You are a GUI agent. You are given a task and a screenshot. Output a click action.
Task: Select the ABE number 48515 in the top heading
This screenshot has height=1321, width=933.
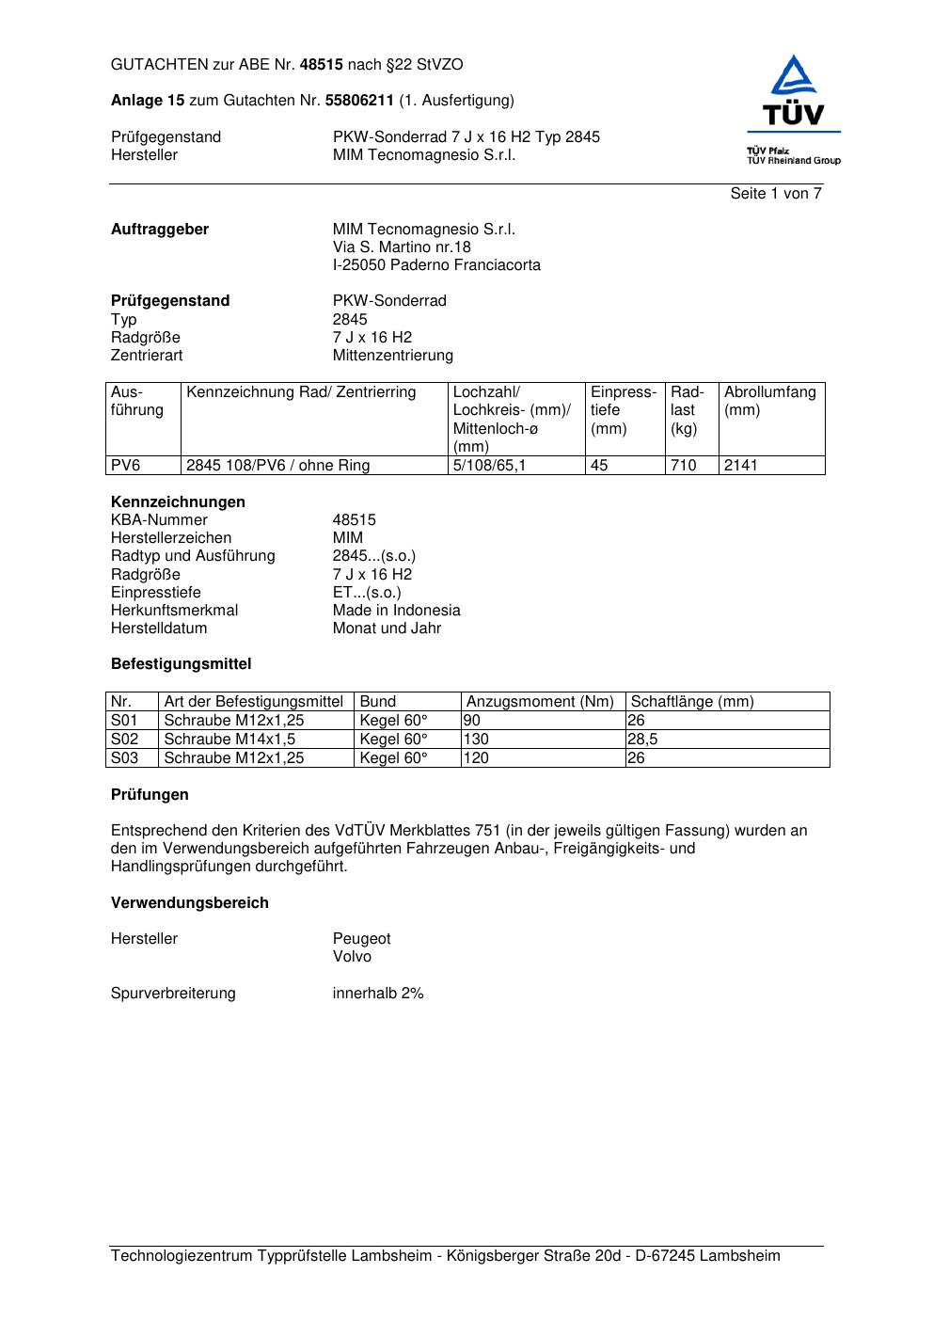pos(322,65)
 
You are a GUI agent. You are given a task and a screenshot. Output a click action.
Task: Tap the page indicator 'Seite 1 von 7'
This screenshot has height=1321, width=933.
pos(776,194)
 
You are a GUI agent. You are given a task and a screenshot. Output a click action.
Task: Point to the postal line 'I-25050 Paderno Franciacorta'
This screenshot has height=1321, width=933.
pos(436,265)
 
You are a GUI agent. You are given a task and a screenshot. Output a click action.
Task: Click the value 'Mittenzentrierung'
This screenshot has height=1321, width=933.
pos(392,356)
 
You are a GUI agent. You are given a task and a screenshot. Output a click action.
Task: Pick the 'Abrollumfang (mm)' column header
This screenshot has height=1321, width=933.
pos(770,401)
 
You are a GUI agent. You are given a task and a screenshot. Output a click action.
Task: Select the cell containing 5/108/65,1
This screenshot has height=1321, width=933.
pos(489,466)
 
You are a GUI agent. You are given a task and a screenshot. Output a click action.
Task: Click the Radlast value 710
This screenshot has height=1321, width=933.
pos(683,466)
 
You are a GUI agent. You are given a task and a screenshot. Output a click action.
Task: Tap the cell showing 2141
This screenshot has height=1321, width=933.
pos(740,466)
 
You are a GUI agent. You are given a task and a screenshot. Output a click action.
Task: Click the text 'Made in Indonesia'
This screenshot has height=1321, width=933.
pos(396,611)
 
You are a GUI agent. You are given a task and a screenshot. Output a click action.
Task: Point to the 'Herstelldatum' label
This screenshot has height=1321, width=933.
pos(159,629)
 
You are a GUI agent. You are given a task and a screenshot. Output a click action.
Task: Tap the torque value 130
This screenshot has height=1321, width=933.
pos(477,740)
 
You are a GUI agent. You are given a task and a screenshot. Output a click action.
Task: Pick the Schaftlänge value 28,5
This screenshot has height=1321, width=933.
pos(642,740)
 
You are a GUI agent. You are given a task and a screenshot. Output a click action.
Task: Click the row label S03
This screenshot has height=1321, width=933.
pos(124,758)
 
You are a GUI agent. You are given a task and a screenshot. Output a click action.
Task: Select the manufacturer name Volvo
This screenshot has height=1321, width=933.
pos(352,957)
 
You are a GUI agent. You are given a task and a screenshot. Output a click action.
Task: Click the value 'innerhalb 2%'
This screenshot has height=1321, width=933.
pos(378,994)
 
